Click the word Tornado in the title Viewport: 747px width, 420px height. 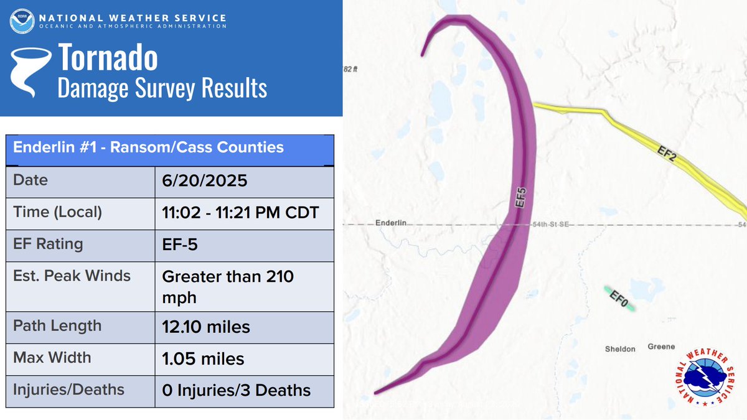(x=108, y=58)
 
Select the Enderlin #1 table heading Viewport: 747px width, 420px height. (x=149, y=147)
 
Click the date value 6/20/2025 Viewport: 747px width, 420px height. (x=205, y=180)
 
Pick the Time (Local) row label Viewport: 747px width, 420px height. (x=57, y=212)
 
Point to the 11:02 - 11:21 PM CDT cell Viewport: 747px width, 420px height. (x=240, y=212)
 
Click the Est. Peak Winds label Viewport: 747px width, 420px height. (x=72, y=275)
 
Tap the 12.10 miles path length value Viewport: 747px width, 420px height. (x=206, y=326)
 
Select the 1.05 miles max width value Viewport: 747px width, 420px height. (x=203, y=358)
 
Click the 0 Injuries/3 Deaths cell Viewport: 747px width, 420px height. (x=236, y=390)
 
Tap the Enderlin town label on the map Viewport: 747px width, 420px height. (x=391, y=223)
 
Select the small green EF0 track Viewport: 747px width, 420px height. (x=619, y=299)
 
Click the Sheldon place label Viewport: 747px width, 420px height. (x=620, y=349)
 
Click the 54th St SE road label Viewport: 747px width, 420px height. (x=548, y=224)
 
